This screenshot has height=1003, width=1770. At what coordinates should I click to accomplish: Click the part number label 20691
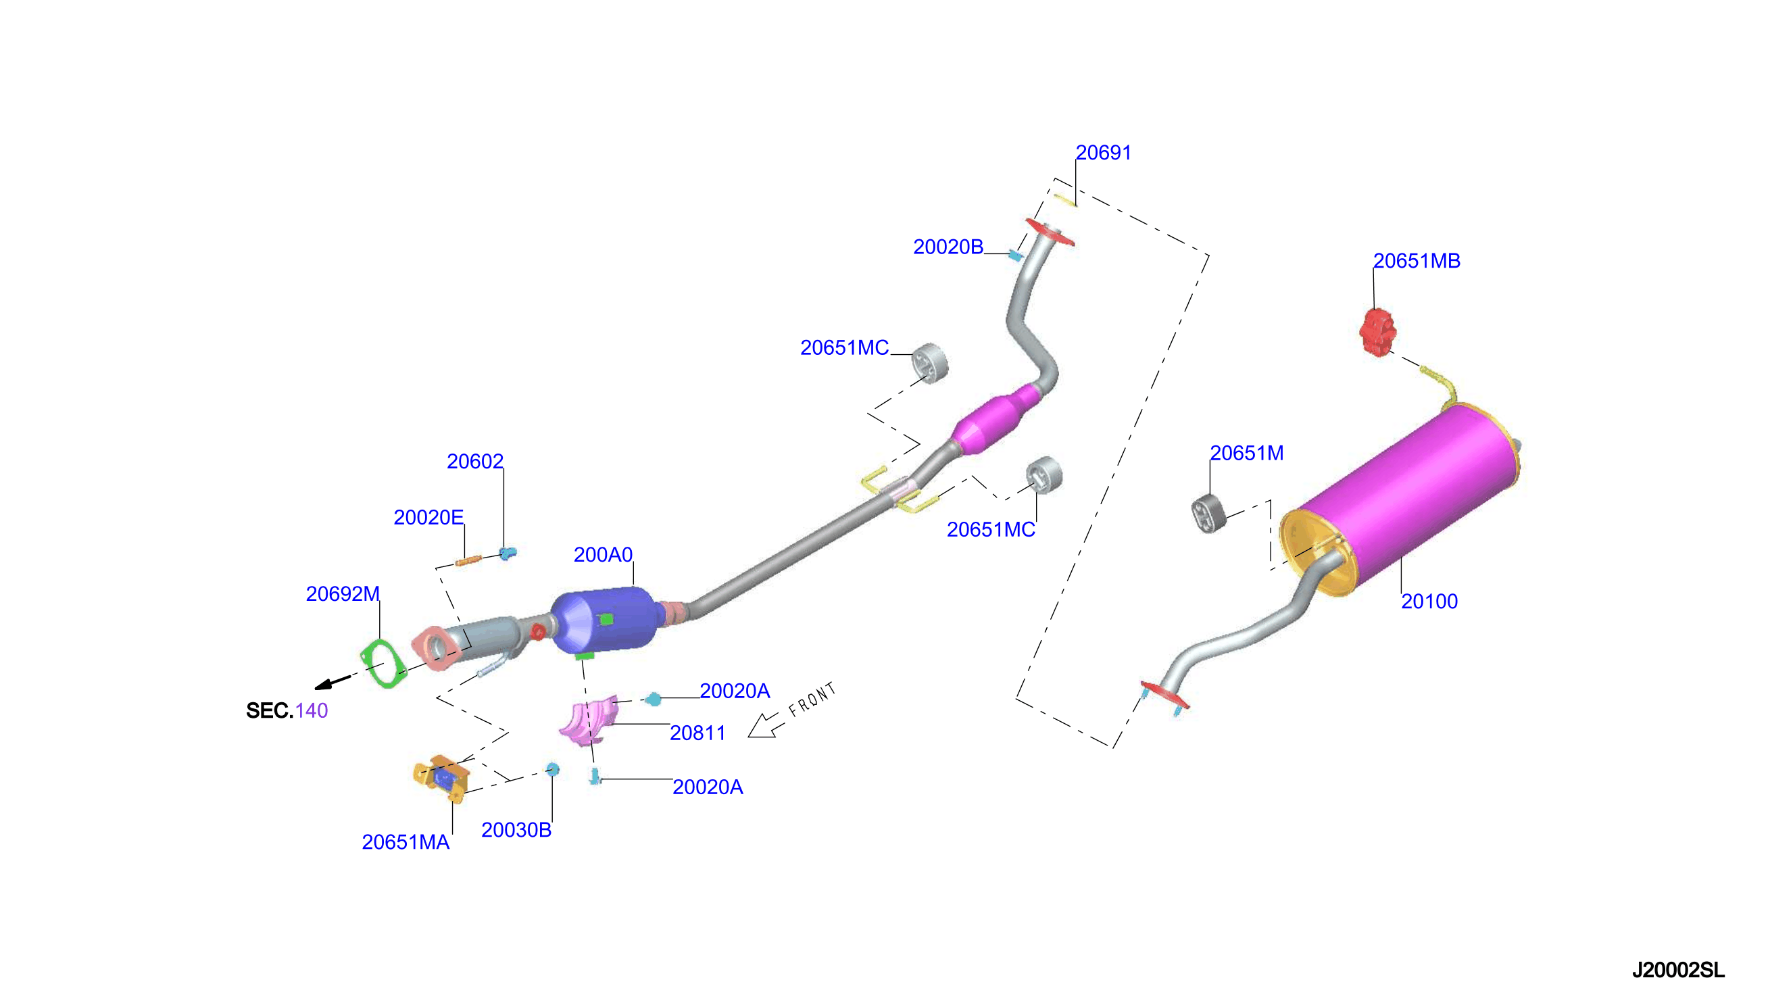click(x=1104, y=152)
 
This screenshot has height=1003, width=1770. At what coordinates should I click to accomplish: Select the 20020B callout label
click(x=948, y=247)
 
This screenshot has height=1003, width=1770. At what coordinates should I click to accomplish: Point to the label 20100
click(x=1430, y=602)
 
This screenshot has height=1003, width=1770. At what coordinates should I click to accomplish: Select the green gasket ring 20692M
click(x=383, y=664)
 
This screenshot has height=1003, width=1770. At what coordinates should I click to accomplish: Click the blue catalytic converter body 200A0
click(x=604, y=620)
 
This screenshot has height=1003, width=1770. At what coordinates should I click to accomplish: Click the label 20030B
click(x=516, y=830)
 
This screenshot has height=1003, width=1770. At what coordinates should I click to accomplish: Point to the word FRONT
click(x=812, y=700)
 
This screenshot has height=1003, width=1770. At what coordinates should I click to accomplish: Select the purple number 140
click(x=312, y=711)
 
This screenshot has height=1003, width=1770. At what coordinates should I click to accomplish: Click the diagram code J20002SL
click(x=1679, y=971)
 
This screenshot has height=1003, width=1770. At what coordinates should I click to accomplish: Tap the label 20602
click(x=475, y=462)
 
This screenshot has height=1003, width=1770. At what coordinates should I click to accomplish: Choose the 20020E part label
click(x=428, y=517)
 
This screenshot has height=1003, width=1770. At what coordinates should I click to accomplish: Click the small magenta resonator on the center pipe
click(x=996, y=420)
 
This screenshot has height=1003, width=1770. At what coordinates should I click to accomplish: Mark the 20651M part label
click(x=1248, y=454)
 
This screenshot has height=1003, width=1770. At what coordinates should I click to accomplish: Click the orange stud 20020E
click(x=468, y=561)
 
